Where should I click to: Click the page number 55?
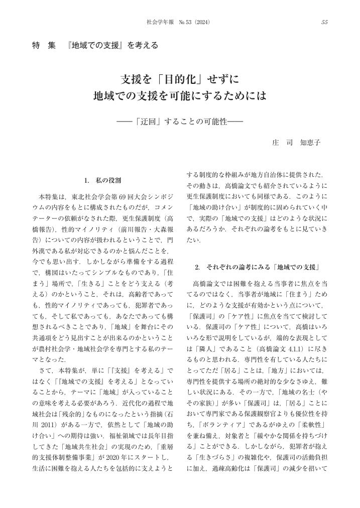(324, 23)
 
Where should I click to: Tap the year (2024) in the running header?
(201, 23)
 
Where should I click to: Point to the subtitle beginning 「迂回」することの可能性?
(180, 120)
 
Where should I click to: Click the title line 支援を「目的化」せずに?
(180, 79)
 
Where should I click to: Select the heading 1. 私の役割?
(102, 180)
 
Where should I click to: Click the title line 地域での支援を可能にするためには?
(180, 95)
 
